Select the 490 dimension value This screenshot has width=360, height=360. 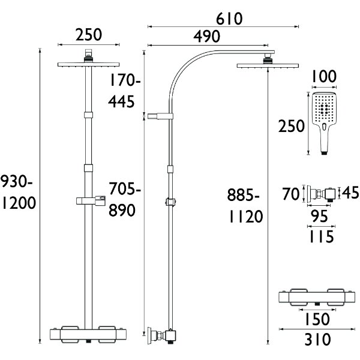[207, 37]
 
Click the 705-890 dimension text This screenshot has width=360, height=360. [125, 201]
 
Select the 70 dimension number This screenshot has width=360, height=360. [292, 194]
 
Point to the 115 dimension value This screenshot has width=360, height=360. [322, 236]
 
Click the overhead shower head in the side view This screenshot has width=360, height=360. [265, 65]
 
